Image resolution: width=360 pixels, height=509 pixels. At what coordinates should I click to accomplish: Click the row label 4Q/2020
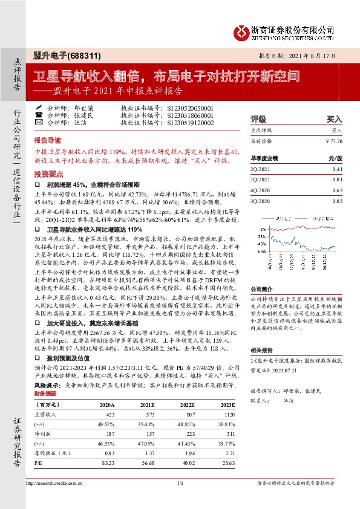(x=261, y=189)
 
